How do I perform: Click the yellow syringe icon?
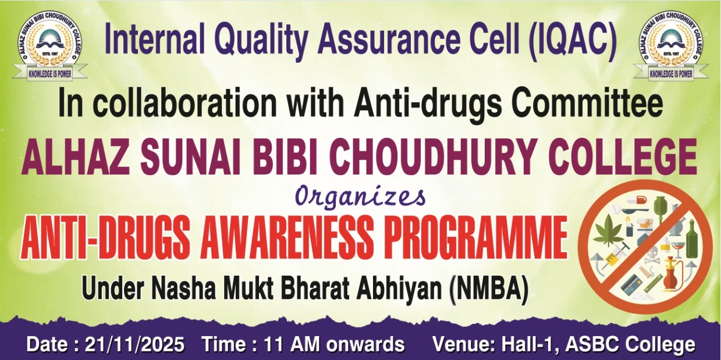(x=614, y=255)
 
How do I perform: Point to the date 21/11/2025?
(x=134, y=344)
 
